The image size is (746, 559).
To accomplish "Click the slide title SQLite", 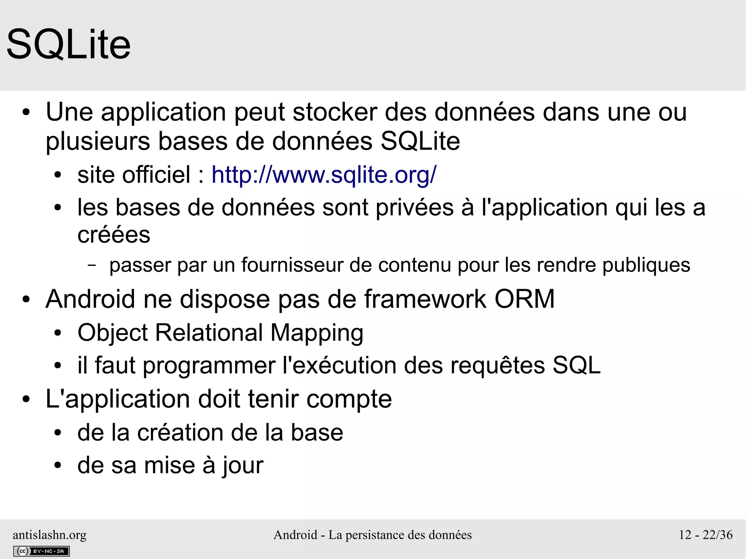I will [x=68, y=44].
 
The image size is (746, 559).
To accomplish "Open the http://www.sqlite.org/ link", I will [x=324, y=175].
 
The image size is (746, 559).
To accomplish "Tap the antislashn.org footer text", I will [x=50, y=535].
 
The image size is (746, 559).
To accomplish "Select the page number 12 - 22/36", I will [x=706, y=535].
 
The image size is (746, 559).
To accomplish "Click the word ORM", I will [x=524, y=299].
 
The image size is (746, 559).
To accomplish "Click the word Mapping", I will [x=317, y=333].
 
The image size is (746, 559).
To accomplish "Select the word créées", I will [x=114, y=235].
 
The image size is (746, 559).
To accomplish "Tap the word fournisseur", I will [x=292, y=265].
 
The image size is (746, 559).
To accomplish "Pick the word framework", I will [x=425, y=299].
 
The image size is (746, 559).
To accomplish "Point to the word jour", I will [x=243, y=466].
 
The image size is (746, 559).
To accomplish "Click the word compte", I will [x=349, y=399].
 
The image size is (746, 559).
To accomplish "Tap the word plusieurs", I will [x=98, y=141].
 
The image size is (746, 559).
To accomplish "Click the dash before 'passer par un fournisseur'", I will [x=92, y=265].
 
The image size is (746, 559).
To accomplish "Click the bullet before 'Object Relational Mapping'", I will [x=58, y=333].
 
